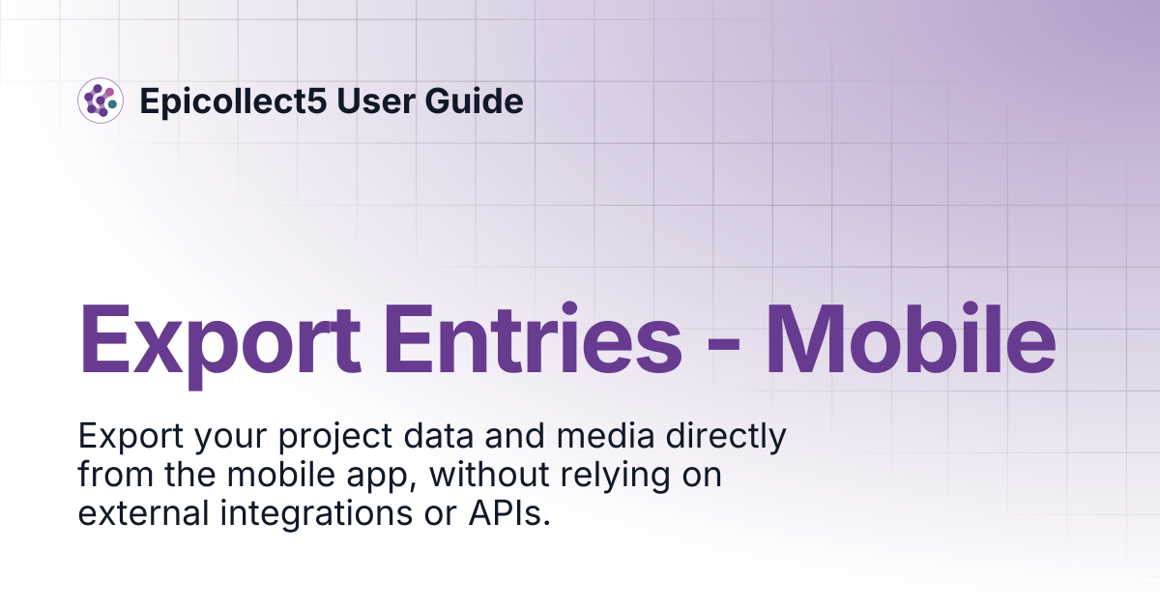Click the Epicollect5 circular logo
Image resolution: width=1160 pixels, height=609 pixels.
101,101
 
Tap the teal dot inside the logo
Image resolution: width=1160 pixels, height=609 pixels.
112,104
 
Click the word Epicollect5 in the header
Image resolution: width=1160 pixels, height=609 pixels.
234,101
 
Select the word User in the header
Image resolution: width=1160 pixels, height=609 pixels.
376,101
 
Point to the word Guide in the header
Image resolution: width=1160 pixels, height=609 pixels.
475,101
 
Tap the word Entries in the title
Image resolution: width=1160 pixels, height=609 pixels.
533,337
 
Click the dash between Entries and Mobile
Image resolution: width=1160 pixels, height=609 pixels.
723,344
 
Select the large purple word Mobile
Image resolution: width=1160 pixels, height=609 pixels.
911,337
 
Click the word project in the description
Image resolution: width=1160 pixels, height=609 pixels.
335,438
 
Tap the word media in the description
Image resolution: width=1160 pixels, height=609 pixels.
605,436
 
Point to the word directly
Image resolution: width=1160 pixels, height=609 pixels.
726,438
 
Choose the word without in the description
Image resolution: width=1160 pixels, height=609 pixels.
489,475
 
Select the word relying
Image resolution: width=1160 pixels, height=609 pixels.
615,477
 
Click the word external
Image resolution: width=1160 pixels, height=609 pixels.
143,512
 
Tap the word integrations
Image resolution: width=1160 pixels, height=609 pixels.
316,515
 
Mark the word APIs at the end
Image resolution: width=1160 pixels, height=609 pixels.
509,512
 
